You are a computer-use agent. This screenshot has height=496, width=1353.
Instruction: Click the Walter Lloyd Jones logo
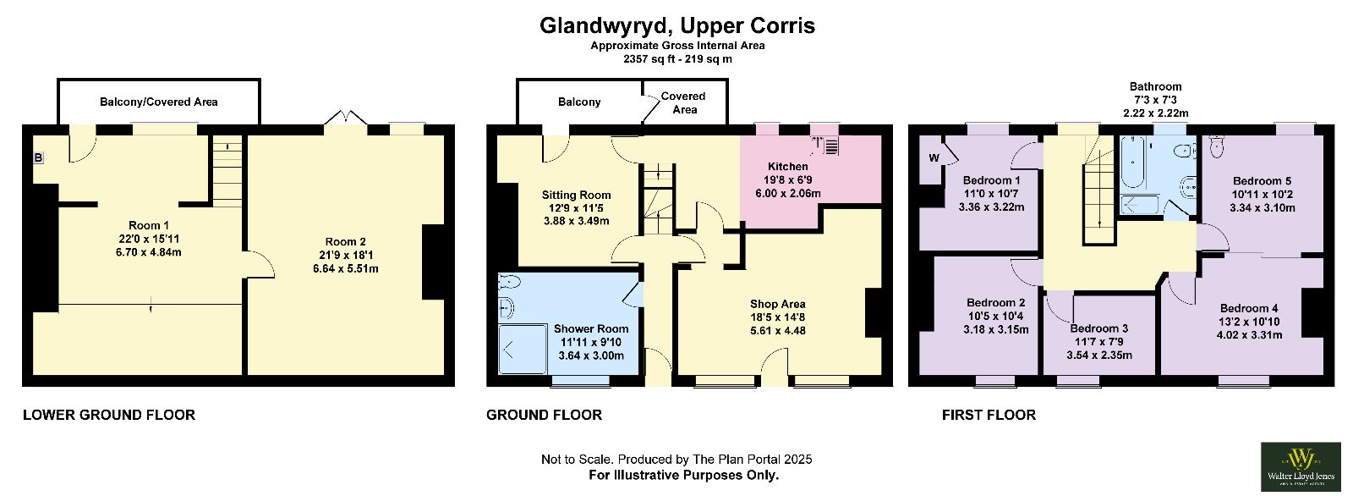coord(1301,466)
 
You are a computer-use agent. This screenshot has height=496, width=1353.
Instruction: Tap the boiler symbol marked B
coord(38,158)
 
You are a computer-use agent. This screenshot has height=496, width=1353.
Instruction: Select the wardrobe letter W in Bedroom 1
coord(934,158)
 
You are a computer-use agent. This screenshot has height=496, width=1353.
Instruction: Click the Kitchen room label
coord(787,167)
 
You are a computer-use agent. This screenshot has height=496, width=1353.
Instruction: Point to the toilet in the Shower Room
coord(511,282)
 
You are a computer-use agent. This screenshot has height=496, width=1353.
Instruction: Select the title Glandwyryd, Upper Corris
coord(677,25)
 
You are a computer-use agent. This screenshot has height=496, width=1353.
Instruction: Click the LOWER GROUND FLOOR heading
coord(109,415)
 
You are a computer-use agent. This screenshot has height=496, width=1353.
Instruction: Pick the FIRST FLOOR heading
coord(989,415)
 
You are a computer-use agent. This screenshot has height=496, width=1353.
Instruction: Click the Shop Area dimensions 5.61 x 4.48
coord(778,331)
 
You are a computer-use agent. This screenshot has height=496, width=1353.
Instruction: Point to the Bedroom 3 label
coord(1098,328)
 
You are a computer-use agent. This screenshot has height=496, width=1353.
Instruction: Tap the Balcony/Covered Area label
coord(159,102)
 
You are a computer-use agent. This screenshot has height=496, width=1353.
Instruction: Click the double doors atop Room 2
coord(346,117)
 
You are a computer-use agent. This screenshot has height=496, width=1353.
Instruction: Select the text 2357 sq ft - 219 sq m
coord(677,59)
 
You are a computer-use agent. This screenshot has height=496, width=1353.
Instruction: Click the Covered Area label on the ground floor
coord(683,102)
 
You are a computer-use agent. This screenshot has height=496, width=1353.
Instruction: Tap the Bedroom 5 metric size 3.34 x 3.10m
coord(1263,208)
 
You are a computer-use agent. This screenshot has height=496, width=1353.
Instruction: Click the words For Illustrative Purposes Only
coord(684,476)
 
